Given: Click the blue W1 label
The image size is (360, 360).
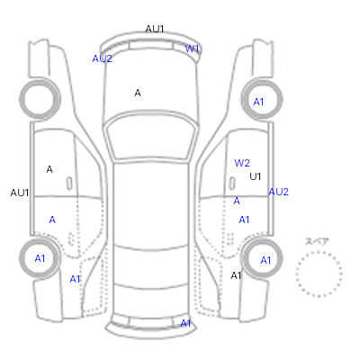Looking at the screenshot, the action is click(192, 49).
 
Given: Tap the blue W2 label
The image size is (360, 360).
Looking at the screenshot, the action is click(242, 163).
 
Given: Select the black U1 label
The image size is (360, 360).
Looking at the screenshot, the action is click(256, 176).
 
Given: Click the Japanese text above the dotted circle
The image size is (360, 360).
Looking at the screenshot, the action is click(317, 241).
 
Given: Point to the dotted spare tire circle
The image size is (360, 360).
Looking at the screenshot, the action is click(319, 252).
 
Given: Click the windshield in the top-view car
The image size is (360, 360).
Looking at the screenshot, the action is click(151, 137).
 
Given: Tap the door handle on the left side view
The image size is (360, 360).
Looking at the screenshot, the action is click(69, 184).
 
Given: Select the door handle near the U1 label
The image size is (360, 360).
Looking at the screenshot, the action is click(232, 183).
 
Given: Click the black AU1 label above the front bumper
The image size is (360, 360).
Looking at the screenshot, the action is click(155, 29).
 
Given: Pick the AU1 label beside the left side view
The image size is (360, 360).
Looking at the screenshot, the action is click(20, 193).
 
